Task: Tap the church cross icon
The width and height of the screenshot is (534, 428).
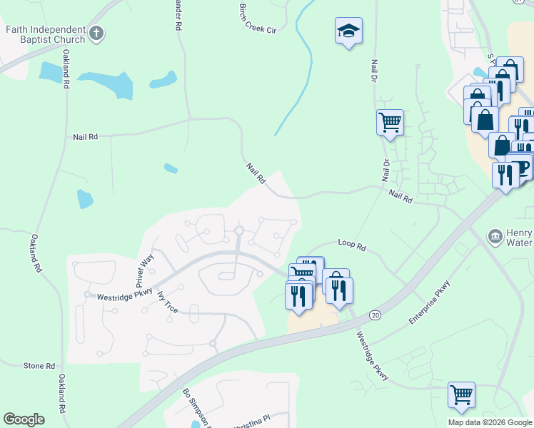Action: (98, 33)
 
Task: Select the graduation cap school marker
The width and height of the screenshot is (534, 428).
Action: (348, 31)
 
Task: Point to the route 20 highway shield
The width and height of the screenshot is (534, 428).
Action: (375, 315)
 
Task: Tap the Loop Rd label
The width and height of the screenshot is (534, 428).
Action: (351, 247)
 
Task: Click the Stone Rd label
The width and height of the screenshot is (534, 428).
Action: (39, 366)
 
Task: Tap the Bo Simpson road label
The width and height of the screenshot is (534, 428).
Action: (193, 406)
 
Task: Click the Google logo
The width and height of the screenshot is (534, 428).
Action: (24, 419)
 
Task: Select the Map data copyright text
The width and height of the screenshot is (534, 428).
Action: (490, 422)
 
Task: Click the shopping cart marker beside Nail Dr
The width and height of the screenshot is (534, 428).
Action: (390, 122)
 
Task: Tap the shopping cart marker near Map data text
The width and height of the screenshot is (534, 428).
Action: (462, 394)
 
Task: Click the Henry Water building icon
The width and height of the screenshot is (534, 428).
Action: (493, 236)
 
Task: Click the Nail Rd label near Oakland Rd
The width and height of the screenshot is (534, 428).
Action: (85, 136)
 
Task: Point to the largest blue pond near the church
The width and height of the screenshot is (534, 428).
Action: (107, 83)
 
